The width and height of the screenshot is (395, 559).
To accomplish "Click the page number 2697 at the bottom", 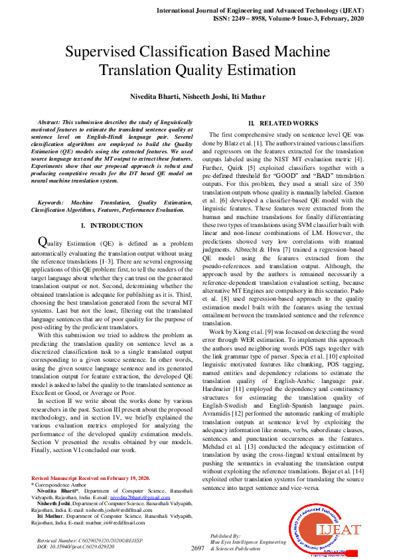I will click(197, 548).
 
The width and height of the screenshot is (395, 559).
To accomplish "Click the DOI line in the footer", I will click(72, 547).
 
